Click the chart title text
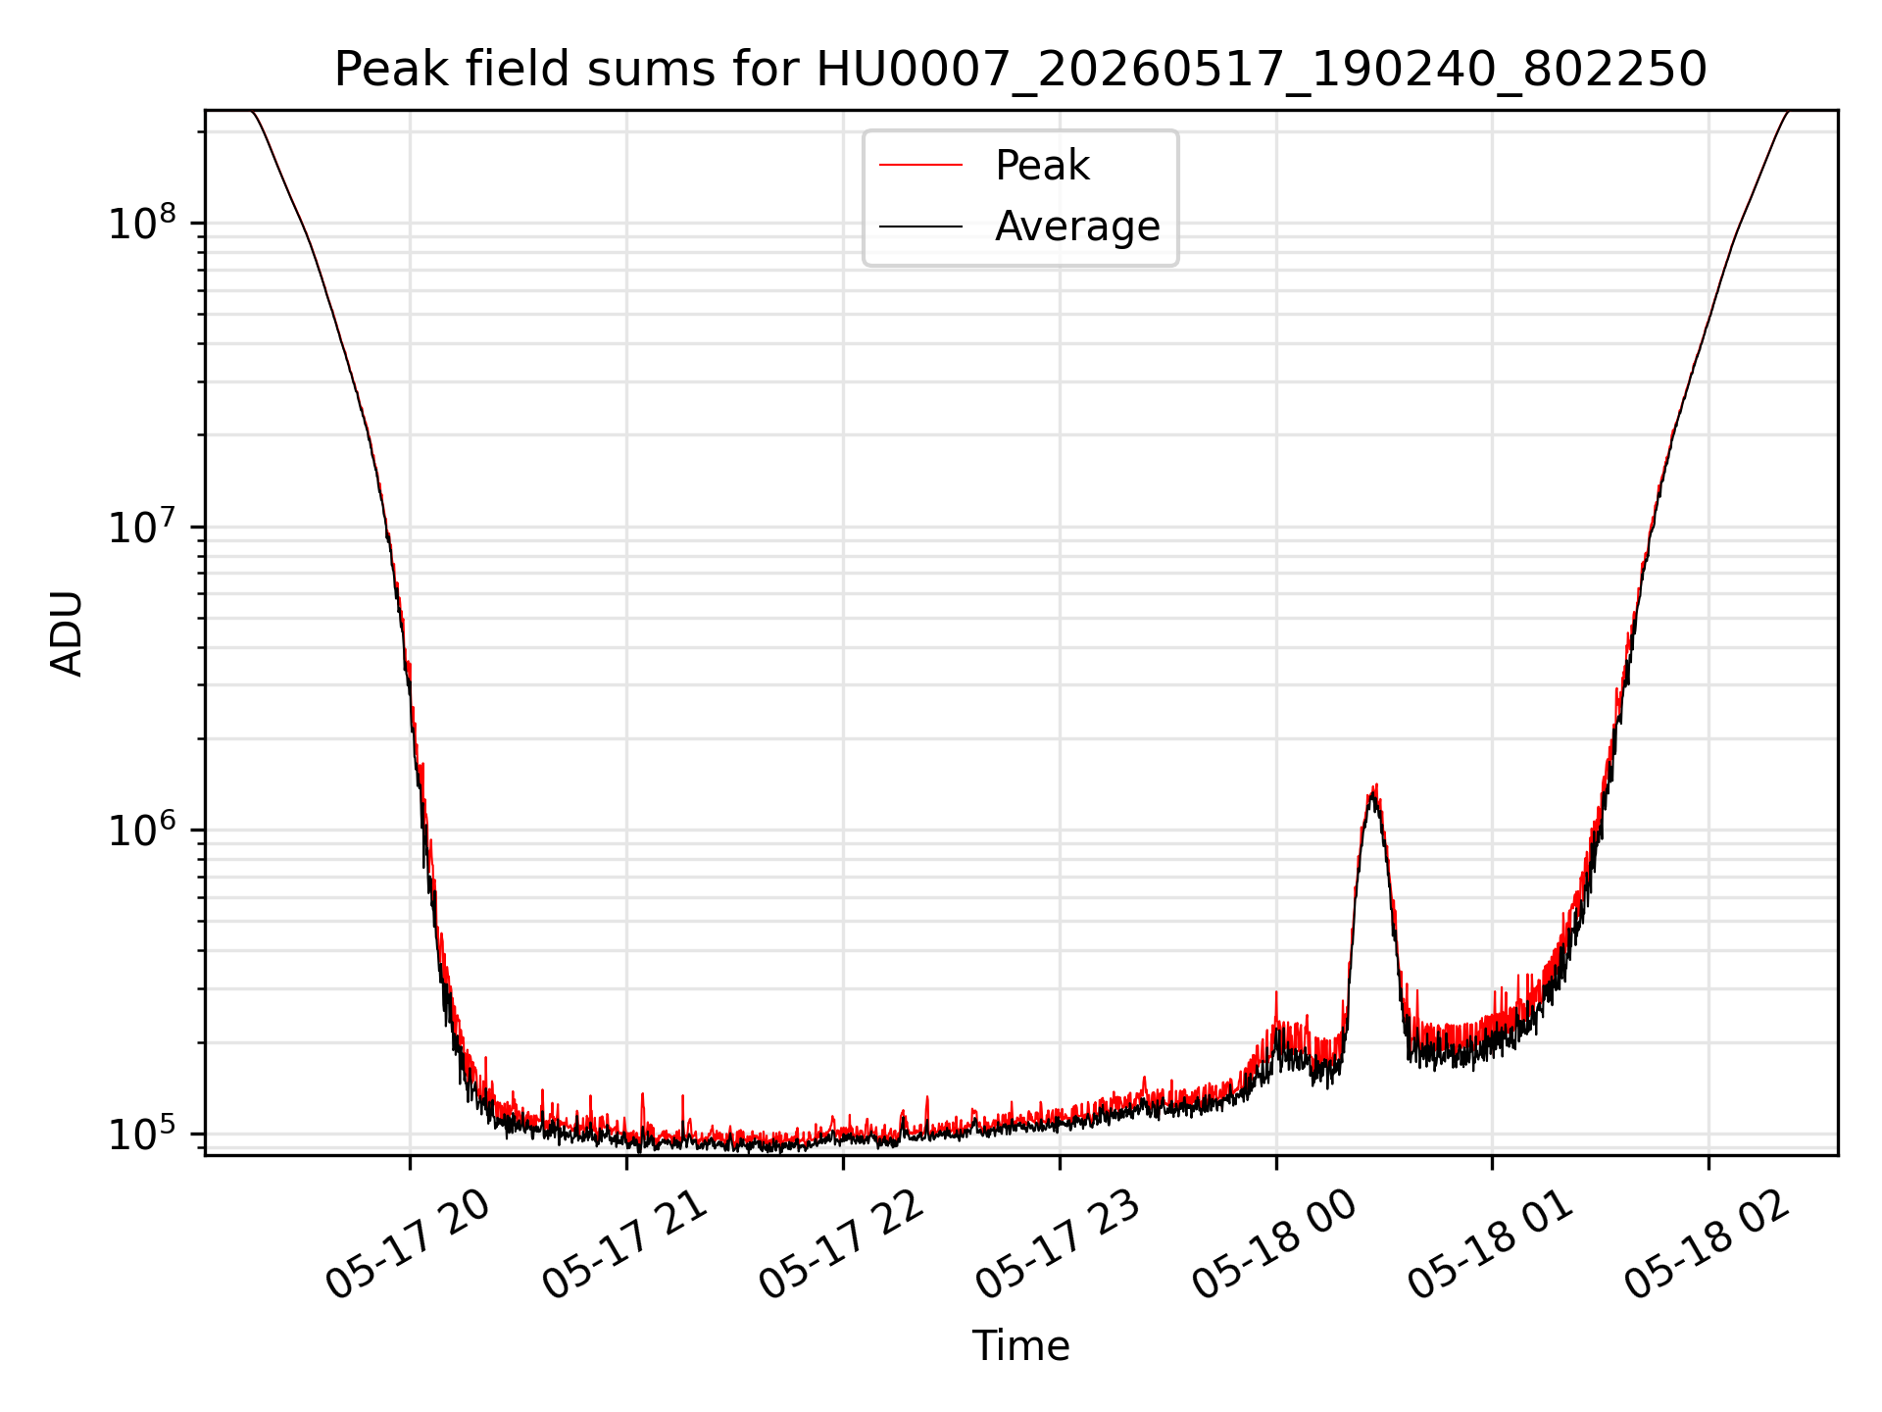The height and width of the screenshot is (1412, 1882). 1020,70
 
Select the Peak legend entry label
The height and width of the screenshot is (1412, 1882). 1042,166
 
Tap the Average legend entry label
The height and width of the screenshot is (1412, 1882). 1077,227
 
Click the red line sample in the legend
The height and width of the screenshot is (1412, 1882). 920,166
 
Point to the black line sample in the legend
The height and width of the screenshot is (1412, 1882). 920,227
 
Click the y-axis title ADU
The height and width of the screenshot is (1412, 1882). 67,633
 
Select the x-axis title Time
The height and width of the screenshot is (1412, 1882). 1020,1345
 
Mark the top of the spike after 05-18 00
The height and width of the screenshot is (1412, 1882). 1376,784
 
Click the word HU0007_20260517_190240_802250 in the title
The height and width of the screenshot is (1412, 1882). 1262,70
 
